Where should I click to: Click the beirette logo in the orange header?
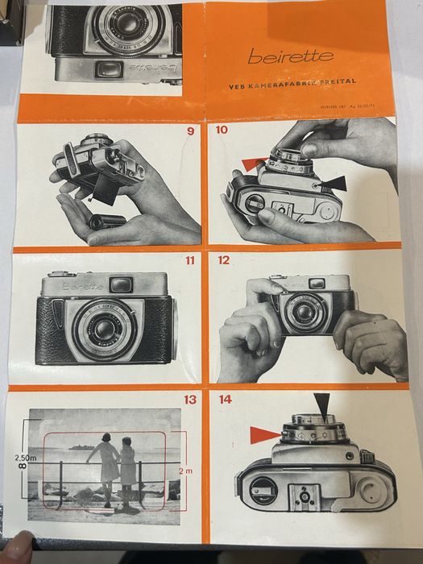coord(278,57)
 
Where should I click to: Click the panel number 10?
coord(222,130)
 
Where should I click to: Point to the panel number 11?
coord(189,260)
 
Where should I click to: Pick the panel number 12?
coord(223,260)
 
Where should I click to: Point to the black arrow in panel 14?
coord(321,405)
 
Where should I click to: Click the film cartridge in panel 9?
coord(106,221)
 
